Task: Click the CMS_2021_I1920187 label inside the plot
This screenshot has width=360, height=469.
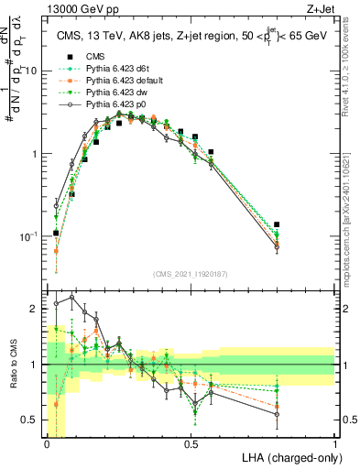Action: tap(191, 273)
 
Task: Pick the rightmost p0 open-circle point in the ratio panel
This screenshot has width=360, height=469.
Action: tap(278, 414)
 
